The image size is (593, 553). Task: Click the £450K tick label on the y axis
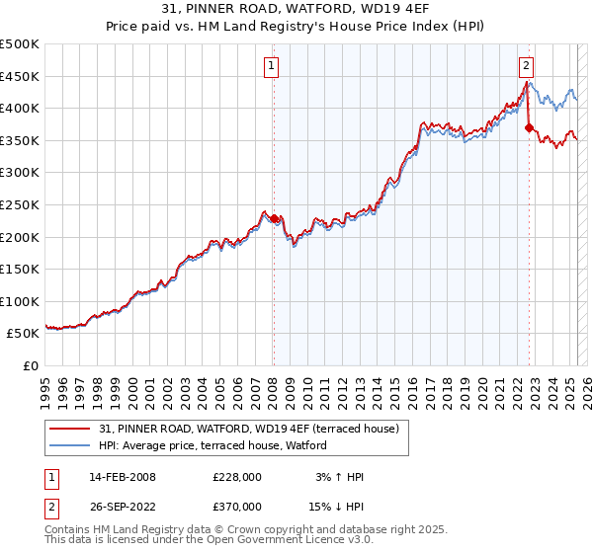pos(20,76)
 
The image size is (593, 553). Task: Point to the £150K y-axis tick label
pos(20,269)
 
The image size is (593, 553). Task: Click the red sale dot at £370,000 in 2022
pos(529,127)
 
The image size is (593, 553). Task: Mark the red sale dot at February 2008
pos(274,219)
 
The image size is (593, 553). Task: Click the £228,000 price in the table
pos(237,477)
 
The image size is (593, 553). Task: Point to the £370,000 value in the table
pos(237,506)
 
